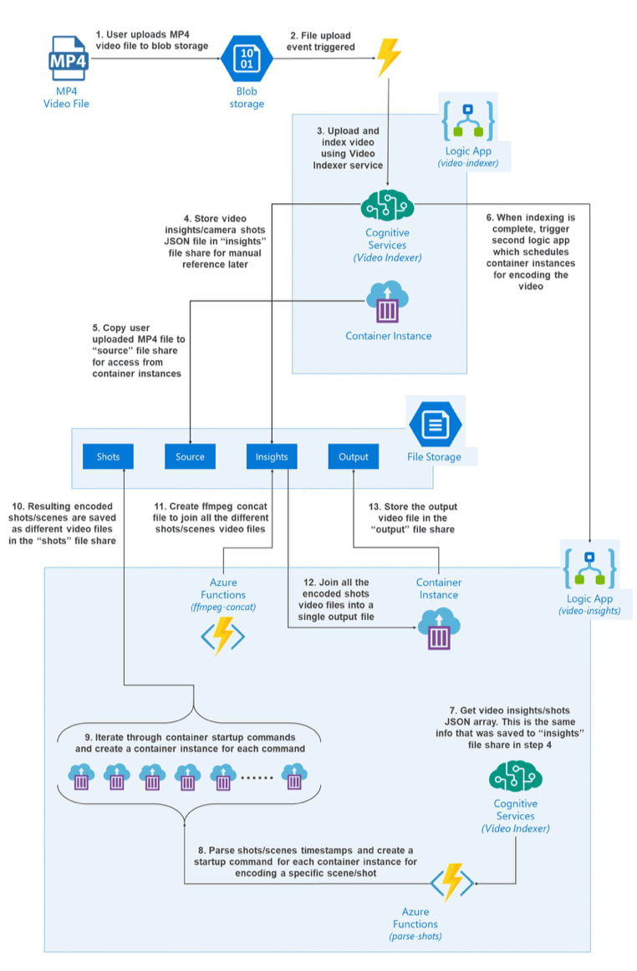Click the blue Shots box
[x=108, y=456]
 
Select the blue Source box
[x=190, y=456]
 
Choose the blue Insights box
[x=272, y=456]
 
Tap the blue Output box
[x=353, y=456]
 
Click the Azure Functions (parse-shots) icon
[x=452, y=881]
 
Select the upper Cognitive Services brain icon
[x=387, y=206]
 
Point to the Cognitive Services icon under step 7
[x=515, y=778]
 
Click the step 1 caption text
[x=151, y=40]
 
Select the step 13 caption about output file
[x=413, y=518]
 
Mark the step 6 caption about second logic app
[x=531, y=252]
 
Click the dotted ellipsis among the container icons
[x=258, y=780]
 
